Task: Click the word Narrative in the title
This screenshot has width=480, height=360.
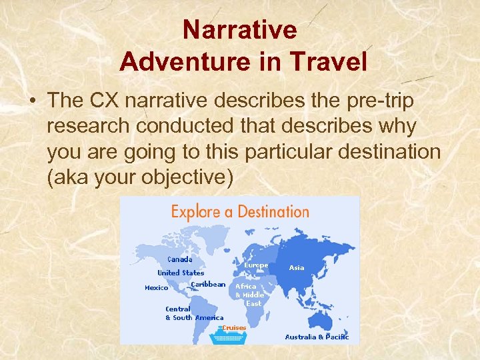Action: click(x=239, y=30)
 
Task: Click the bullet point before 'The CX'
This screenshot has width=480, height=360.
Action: click(x=32, y=101)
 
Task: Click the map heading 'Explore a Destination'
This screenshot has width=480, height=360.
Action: click(x=240, y=212)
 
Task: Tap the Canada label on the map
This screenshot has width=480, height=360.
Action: click(x=179, y=259)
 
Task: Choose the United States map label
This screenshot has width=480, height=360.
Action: click(x=181, y=273)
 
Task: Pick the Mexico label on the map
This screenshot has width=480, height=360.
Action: click(x=157, y=288)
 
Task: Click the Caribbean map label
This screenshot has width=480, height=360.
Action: click(x=208, y=284)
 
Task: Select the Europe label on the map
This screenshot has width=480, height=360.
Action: click(x=256, y=265)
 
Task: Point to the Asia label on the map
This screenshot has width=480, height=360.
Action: click(x=297, y=267)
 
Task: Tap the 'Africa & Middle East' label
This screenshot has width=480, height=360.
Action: click(x=250, y=295)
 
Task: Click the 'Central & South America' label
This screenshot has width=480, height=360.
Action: click(x=194, y=313)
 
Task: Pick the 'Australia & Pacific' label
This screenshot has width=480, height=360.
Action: click(x=317, y=337)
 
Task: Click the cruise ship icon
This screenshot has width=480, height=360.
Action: click(x=229, y=337)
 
